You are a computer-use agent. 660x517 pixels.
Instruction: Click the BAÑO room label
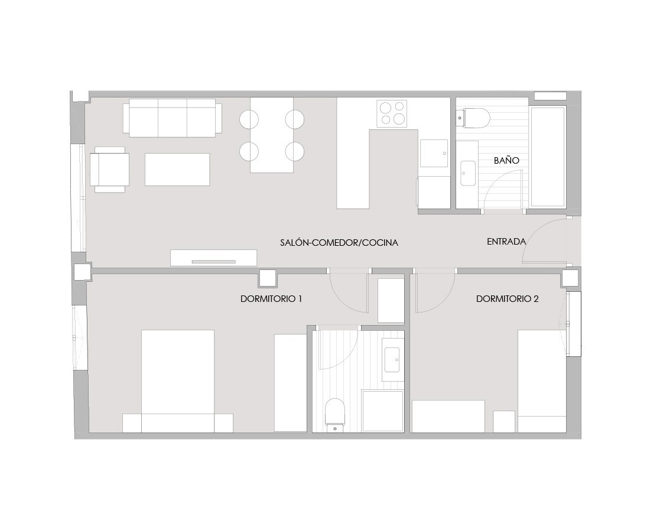point(506,160)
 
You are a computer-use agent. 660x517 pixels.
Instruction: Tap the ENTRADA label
point(506,242)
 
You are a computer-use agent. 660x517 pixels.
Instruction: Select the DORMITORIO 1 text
point(271,299)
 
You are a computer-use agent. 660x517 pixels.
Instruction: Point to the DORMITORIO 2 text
point(507,299)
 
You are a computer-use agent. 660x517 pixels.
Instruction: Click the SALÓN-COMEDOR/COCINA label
point(339,242)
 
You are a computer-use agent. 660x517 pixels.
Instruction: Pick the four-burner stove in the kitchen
point(392,113)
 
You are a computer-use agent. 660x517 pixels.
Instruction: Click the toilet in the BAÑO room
point(473,118)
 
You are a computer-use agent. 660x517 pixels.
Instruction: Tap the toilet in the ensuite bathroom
point(335,414)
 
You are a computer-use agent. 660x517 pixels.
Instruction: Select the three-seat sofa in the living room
point(173,118)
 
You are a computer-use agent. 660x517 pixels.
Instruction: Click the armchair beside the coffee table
point(110,170)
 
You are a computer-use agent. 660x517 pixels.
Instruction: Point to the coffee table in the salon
point(177,170)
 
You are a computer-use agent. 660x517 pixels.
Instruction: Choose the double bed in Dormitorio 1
point(178,381)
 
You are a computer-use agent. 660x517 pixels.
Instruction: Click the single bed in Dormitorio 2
point(542,381)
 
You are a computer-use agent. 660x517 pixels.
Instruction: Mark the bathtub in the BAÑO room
point(548,157)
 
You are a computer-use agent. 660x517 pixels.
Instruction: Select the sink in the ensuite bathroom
point(393,360)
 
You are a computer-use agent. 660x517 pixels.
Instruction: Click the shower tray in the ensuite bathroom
point(383,411)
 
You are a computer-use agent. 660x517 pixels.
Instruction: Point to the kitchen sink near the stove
point(434,153)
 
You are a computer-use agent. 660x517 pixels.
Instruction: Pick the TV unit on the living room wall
point(213,258)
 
